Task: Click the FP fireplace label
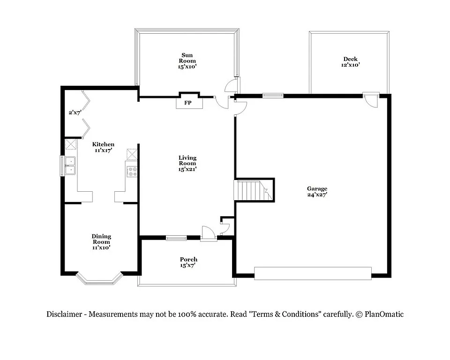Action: pos(187,103)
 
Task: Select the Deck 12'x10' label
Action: pos(350,62)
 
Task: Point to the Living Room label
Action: pos(187,163)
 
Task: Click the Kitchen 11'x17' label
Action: pos(103,147)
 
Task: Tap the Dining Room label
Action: pos(101,242)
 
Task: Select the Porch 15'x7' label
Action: pos(188,262)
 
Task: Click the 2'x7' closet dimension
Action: pos(75,112)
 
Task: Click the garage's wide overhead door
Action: pos(313,273)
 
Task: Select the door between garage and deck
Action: pos(371,99)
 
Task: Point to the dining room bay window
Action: pos(99,280)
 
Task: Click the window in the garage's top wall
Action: pos(273,96)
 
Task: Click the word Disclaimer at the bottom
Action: pos(65,315)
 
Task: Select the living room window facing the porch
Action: pos(176,238)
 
